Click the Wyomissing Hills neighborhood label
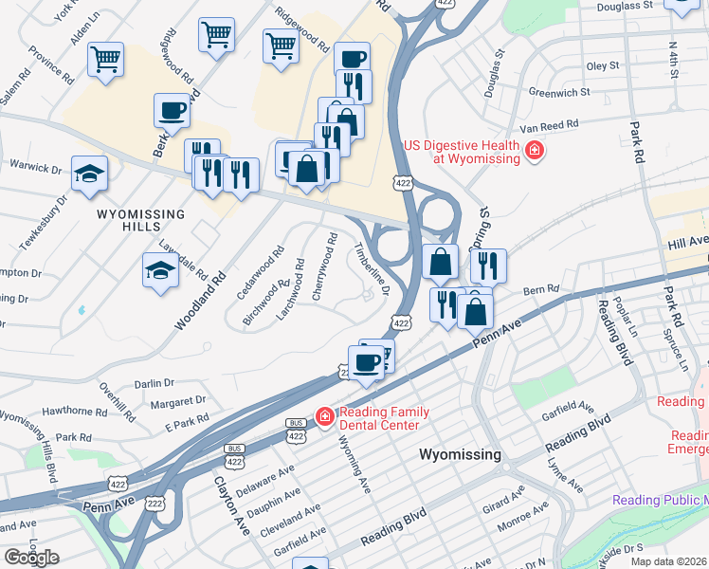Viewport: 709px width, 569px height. pyautogui.click(x=144, y=214)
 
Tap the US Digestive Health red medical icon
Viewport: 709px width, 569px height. pyautogui.click(x=534, y=150)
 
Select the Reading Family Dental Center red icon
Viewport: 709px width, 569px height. pyautogui.click(x=324, y=416)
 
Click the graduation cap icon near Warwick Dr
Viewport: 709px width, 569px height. pyautogui.click(x=89, y=174)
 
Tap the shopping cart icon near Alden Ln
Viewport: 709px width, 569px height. pyautogui.click(x=106, y=59)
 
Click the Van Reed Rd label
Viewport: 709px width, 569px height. pyautogui.click(x=543, y=125)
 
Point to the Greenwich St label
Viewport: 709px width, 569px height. pyautogui.click(x=559, y=93)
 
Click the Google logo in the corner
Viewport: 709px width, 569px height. pyautogui.click(x=31, y=558)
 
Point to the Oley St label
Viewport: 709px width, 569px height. pyautogui.click(x=602, y=65)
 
